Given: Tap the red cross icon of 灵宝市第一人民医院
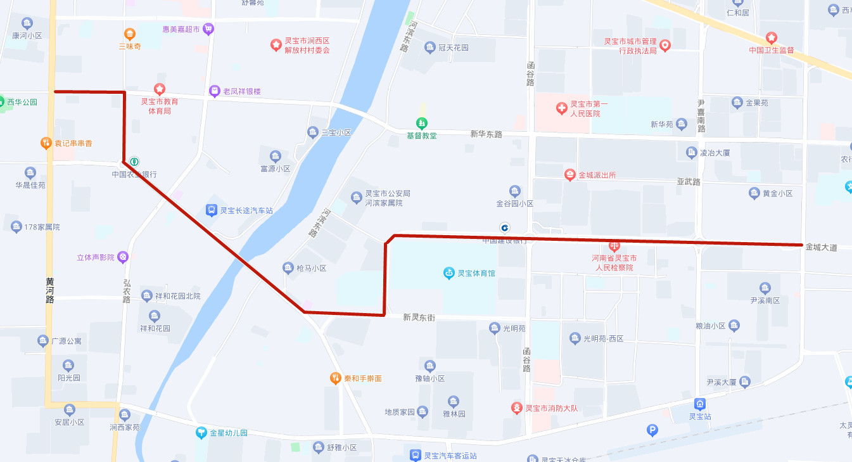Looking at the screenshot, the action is (x=561, y=108).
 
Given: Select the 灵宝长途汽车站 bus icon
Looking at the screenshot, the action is (x=211, y=210).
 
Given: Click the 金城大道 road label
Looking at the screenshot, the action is (x=821, y=248).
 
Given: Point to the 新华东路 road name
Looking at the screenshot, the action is (x=486, y=134).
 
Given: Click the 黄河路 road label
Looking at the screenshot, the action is (x=50, y=290).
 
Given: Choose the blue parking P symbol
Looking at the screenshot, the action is (x=652, y=430).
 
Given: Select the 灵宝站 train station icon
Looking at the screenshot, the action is (x=700, y=404).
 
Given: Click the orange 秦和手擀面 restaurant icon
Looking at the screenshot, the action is (x=336, y=378).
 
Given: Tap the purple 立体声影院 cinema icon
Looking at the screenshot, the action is (x=123, y=257).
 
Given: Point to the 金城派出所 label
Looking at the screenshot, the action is (x=597, y=175).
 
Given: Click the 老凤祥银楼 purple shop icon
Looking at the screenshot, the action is (x=214, y=91).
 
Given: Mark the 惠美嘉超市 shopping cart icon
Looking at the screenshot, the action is (x=208, y=29).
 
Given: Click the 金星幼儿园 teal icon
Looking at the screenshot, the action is (x=201, y=433).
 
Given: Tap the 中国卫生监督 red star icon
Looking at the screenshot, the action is (x=771, y=38).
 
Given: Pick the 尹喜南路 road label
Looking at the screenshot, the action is (x=701, y=116).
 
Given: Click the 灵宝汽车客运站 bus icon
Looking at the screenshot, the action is (x=415, y=455).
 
